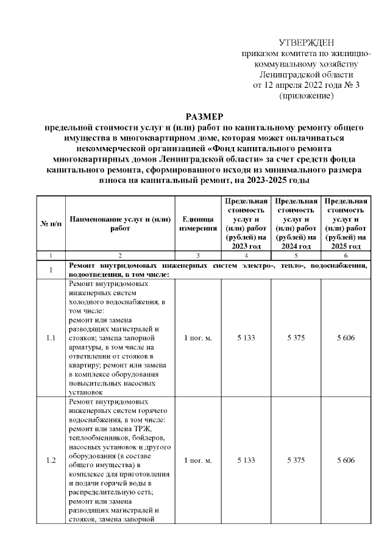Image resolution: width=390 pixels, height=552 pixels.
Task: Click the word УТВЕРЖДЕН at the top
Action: coord(306,43)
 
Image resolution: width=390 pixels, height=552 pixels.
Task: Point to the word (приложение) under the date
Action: coord(306,96)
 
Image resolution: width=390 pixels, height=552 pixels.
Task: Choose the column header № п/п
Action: coord(51,224)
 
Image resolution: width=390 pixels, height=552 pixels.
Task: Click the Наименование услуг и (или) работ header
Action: coord(119,224)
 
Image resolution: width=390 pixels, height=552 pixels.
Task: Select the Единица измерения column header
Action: coord(197,224)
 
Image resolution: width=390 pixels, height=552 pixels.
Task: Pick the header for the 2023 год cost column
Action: coord(246,224)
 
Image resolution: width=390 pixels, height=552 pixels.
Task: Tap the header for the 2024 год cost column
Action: coord(296,224)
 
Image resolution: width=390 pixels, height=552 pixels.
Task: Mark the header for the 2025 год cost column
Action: coord(346,224)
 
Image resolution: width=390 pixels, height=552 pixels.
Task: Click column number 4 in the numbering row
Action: coord(246,256)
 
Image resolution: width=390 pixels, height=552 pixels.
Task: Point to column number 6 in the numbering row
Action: coord(346,256)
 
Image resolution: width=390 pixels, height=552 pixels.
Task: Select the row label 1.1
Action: coord(51,338)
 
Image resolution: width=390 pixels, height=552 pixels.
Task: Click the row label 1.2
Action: coord(51,460)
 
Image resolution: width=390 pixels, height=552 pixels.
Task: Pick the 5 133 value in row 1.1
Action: coord(246,338)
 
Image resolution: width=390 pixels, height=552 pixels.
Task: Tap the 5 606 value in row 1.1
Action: coord(346,338)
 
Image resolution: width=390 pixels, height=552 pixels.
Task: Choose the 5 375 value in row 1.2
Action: coord(296,460)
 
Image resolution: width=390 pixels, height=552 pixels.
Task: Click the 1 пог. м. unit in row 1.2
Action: coord(197,460)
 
